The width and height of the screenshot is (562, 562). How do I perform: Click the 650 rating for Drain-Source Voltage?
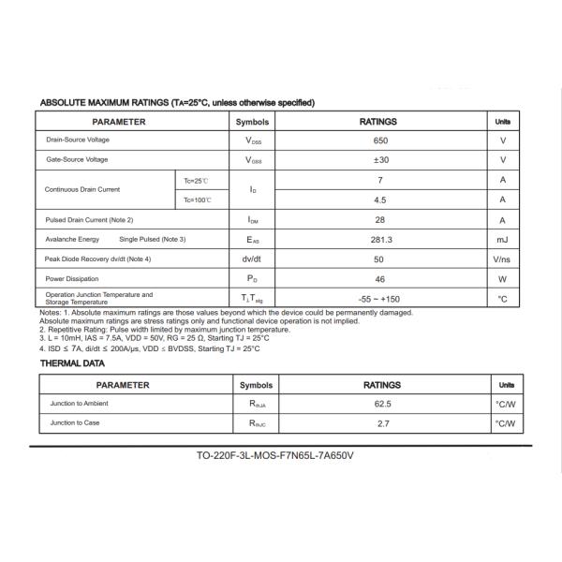[379, 140]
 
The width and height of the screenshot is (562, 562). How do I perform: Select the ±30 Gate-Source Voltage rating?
[379, 159]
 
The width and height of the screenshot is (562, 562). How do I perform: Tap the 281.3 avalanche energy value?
[379, 239]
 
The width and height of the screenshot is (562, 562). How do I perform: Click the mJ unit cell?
[502, 239]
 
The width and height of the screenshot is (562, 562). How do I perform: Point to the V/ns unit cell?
[502, 259]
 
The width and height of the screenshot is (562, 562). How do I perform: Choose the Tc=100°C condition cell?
[198, 200]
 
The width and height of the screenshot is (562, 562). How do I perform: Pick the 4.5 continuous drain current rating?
[379, 200]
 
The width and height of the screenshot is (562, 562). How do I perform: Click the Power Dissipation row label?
[73, 278]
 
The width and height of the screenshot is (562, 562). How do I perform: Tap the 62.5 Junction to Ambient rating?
[382, 404]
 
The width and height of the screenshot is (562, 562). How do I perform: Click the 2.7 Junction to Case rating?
[382, 423]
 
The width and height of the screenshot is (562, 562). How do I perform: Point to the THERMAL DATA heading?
[71, 362]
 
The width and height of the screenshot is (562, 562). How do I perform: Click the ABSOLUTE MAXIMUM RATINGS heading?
[177, 102]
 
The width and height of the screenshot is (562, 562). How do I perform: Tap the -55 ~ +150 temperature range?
[379, 299]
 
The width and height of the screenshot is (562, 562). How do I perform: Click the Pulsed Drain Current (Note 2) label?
[90, 219]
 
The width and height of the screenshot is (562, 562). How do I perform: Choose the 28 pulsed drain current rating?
[379, 219]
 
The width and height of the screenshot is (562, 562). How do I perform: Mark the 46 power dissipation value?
[379, 278]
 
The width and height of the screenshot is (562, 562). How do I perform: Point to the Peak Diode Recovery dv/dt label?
[98, 259]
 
